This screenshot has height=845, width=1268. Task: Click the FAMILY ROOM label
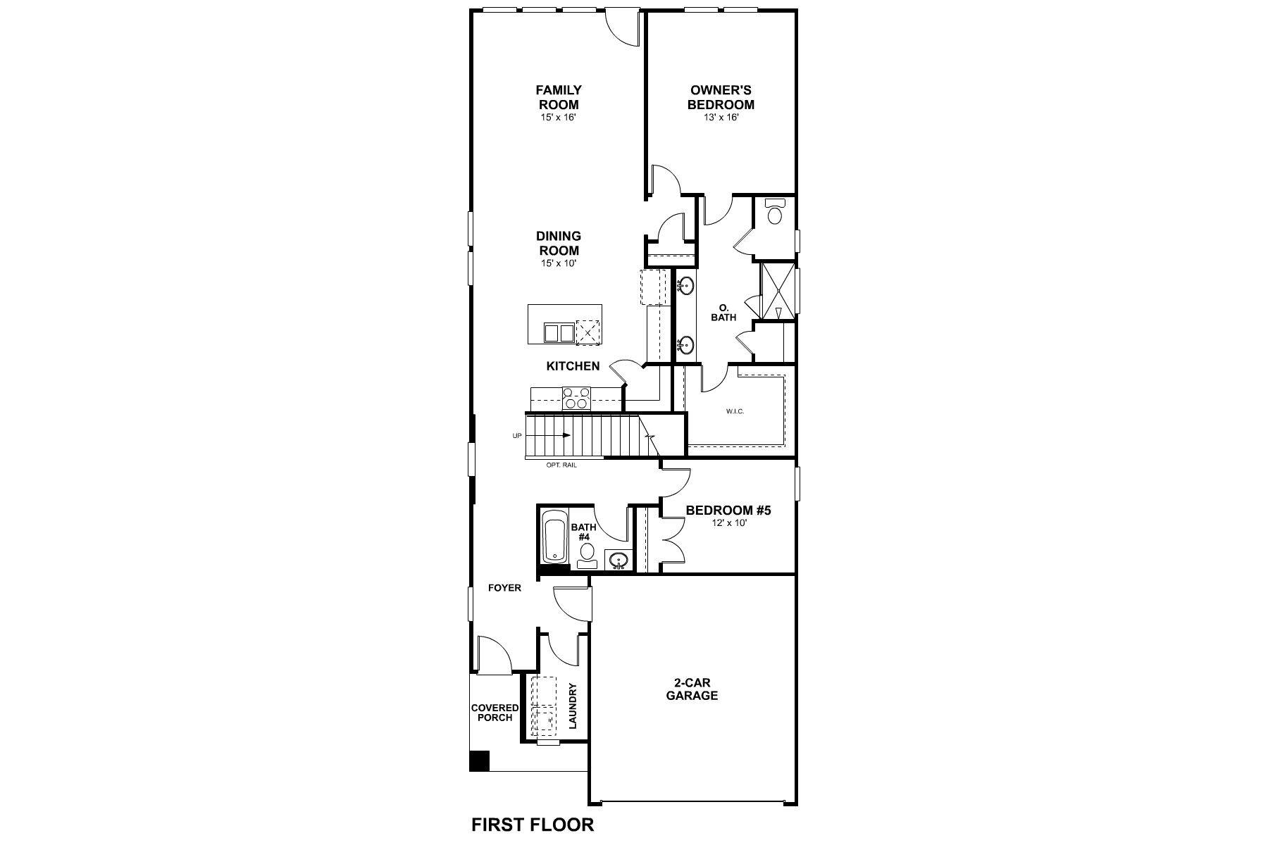[x=558, y=97]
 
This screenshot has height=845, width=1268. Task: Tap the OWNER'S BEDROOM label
[x=721, y=97]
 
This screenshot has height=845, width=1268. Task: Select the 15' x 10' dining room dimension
[x=558, y=264]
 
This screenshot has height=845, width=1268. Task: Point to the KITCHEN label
[x=573, y=366]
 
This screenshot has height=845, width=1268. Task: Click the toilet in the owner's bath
[x=774, y=211]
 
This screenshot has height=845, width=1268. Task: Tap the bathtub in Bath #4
[x=555, y=538]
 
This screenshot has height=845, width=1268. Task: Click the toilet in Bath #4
[x=588, y=556]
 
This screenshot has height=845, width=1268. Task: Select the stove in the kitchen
[x=576, y=399]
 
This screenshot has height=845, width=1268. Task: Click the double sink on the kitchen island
[x=559, y=333]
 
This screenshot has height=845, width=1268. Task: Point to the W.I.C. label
[x=735, y=411]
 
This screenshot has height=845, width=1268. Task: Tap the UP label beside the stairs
[x=517, y=436]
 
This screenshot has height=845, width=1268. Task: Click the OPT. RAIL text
[x=561, y=465]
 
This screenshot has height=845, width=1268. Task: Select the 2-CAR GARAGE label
[x=695, y=689]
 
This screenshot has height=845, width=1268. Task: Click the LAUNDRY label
[x=573, y=706]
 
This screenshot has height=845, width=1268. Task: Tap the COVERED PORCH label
[x=495, y=713]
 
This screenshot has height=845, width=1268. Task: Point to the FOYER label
[x=504, y=588]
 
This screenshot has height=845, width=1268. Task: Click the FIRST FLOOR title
[x=533, y=824]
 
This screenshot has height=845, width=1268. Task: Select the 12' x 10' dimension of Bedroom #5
[x=728, y=523]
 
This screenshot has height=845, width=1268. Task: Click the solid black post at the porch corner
[x=480, y=761]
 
